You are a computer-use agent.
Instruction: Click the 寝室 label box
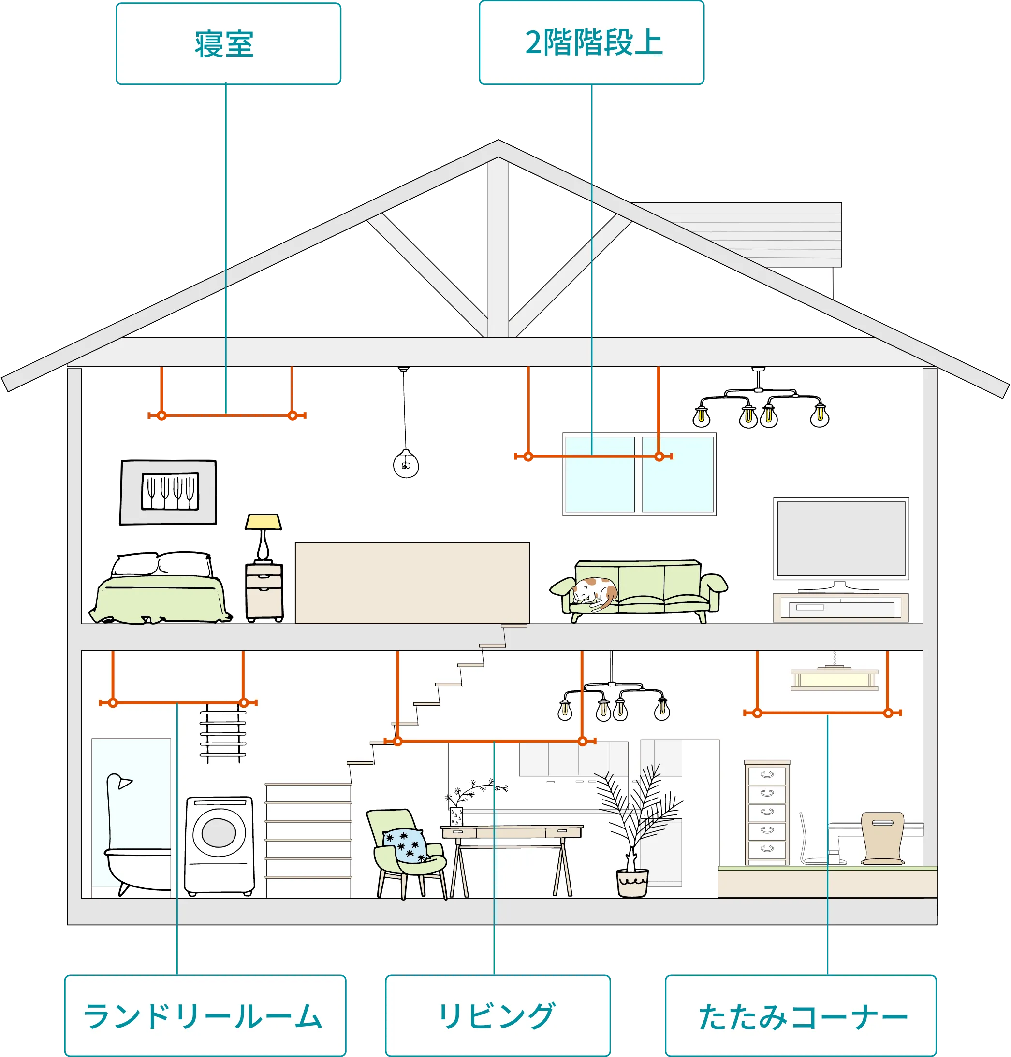coord(229,43)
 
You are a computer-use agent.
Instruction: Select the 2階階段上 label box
coord(591,43)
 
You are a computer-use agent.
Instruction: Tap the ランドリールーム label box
coord(205,1015)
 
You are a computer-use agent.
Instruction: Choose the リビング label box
coord(498,1015)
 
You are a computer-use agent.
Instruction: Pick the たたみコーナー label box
coord(801,1015)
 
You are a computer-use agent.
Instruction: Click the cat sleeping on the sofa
coord(596,592)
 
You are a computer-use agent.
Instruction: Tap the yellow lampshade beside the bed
coord(264,522)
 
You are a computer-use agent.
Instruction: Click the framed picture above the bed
coord(168,492)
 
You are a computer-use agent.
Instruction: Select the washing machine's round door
coord(219,833)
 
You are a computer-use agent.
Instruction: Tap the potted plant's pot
coord(632,883)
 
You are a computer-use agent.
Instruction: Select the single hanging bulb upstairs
coord(406,464)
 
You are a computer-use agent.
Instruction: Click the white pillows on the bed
coord(161,565)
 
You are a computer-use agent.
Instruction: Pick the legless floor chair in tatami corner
coord(882,838)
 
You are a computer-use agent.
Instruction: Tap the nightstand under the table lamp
coord(264,591)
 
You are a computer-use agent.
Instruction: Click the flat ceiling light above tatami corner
coord(834,679)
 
